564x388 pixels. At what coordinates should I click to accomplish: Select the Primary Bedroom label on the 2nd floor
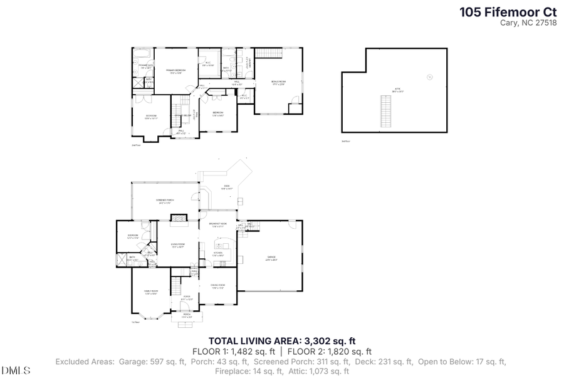click(175, 71)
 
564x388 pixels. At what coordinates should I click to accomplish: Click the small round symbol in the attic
click(429, 76)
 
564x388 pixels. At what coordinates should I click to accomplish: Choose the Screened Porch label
click(165, 201)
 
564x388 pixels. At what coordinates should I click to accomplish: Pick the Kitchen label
click(217, 254)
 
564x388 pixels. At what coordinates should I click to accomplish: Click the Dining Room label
click(217, 286)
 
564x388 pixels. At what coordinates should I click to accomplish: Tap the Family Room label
click(151, 292)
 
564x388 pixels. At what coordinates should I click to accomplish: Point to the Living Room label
click(179, 245)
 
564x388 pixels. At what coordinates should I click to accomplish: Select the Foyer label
click(187, 298)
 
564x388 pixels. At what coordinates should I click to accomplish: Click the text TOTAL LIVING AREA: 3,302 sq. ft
click(282, 341)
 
